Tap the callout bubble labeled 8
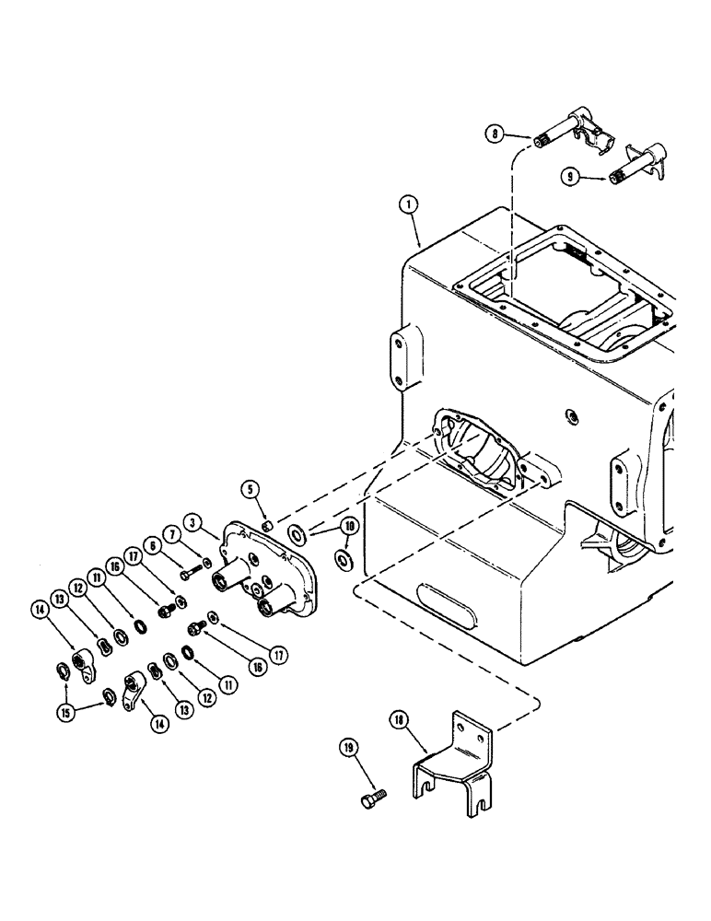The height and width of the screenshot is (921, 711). pyautogui.click(x=497, y=134)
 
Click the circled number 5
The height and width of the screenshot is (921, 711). pyautogui.click(x=250, y=488)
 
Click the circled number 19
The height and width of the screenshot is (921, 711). pyautogui.click(x=348, y=750)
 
